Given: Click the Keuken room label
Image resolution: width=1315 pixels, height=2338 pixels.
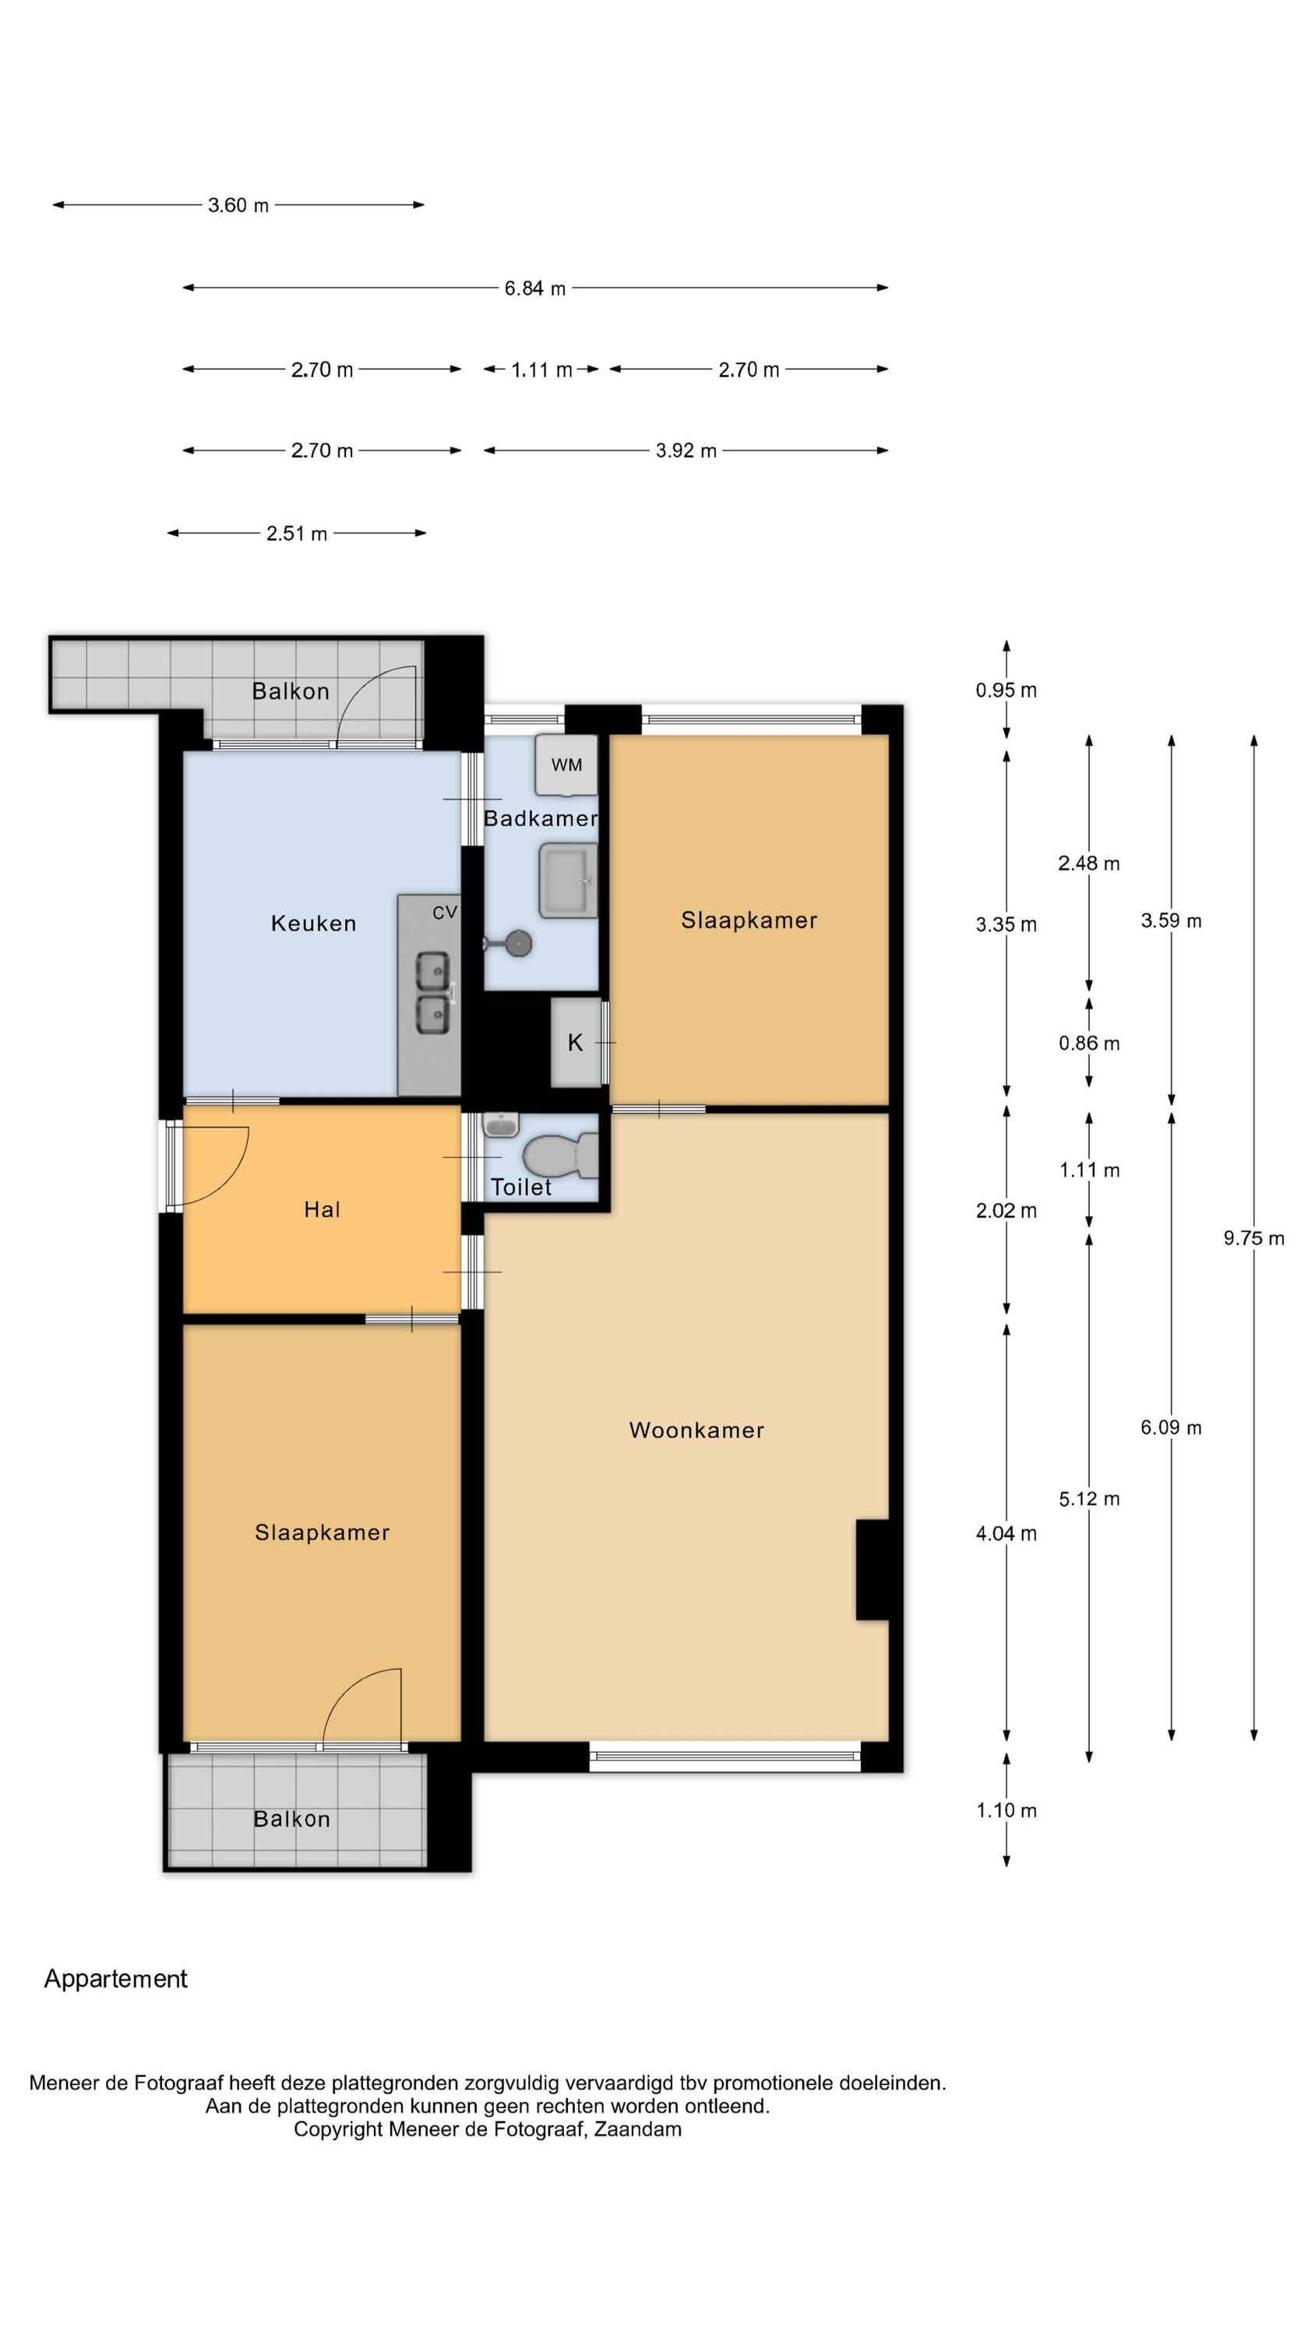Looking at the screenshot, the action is pyautogui.click(x=313, y=924).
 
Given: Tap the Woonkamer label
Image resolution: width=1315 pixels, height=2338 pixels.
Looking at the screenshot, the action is pyautogui.click(x=696, y=1430).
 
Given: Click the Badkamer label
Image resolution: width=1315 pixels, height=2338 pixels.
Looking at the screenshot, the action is pyautogui.click(x=540, y=818).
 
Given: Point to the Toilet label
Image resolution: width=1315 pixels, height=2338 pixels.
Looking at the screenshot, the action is pyautogui.click(x=521, y=1187).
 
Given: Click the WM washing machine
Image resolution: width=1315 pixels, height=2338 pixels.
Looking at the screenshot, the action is pyautogui.click(x=566, y=765).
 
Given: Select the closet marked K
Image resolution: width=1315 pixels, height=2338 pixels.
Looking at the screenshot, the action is pyautogui.click(x=576, y=1043).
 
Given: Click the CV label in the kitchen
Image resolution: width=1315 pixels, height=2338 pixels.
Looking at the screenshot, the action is pyautogui.click(x=445, y=912).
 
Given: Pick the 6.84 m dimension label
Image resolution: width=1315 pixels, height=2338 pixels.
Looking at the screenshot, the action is pyautogui.click(x=535, y=288).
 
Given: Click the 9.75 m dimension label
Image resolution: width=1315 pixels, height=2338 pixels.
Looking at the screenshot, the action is pyautogui.click(x=1253, y=1238).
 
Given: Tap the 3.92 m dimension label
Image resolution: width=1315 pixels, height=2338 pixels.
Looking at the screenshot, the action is pyautogui.click(x=686, y=451).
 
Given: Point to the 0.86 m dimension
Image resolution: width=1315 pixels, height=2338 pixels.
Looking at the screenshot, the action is pyautogui.click(x=1089, y=1044).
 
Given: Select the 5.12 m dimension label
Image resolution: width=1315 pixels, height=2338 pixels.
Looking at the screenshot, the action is pyautogui.click(x=1089, y=1499).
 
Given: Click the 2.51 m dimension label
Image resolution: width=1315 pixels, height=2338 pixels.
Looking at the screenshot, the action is pyautogui.click(x=297, y=534).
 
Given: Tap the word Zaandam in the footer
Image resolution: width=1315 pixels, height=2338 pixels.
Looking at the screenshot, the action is pyautogui.click(x=638, y=2128).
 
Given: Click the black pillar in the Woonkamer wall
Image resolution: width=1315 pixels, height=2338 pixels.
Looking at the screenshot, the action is pyautogui.click(x=873, y=1570).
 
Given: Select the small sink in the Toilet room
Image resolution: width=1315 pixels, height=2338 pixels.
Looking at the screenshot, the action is pyautogui.click(x=500, y=1125).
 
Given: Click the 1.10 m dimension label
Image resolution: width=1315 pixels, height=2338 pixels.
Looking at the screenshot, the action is pyautogui.click(x=1006, y=1810).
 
